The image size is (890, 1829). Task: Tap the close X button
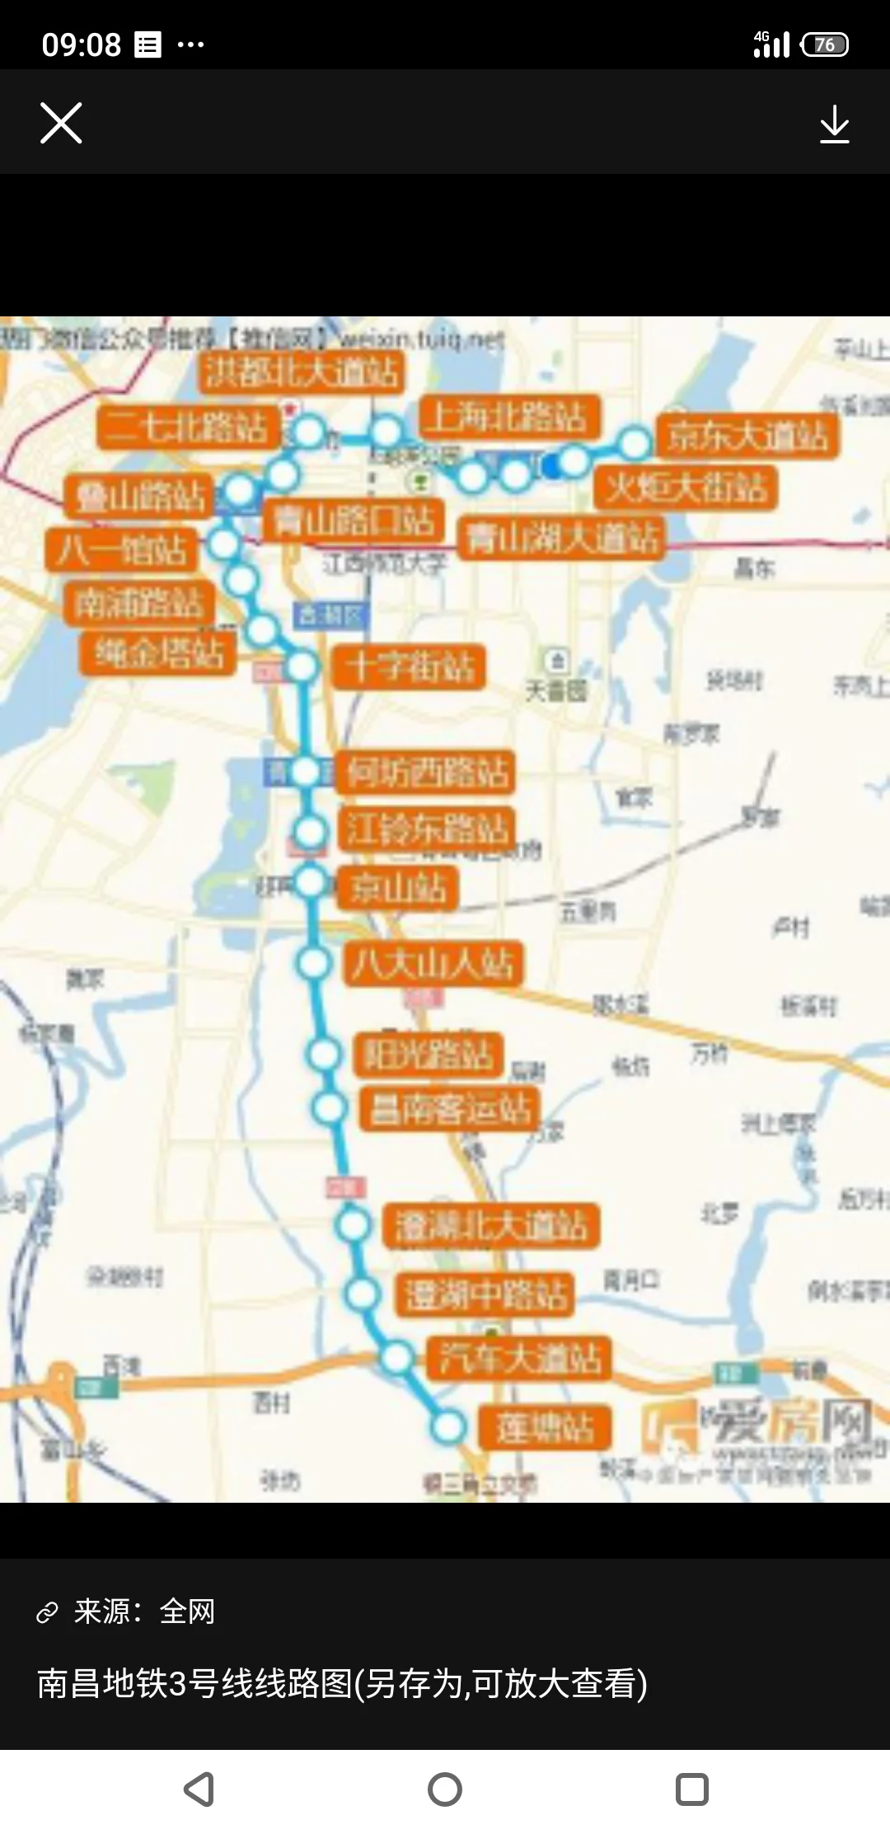[x=61, y=124]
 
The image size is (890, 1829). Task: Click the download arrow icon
[x=834, y=124]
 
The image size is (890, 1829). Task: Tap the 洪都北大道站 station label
[x=302, y=372]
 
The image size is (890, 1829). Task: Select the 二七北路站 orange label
[x=187, y=428]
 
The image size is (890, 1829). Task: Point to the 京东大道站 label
[x=747, y=436]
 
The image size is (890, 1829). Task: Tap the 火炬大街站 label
[x=686, y=488]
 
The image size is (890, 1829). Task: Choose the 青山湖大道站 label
[x=561, y=539]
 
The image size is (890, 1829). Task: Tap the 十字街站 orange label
[x=410, y=667]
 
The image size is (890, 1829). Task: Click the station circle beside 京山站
[x=311, y=882]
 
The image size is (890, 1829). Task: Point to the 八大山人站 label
[x=433, y=963]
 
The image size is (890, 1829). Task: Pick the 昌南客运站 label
[x=450, y=1109]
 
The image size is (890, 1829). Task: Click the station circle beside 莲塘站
[x=448, y=1427]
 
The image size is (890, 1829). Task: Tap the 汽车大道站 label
[x=519, y=1358]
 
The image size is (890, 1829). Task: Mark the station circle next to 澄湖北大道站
[x=354, y=1225]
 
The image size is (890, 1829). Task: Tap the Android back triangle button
[x=199, y=1789]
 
